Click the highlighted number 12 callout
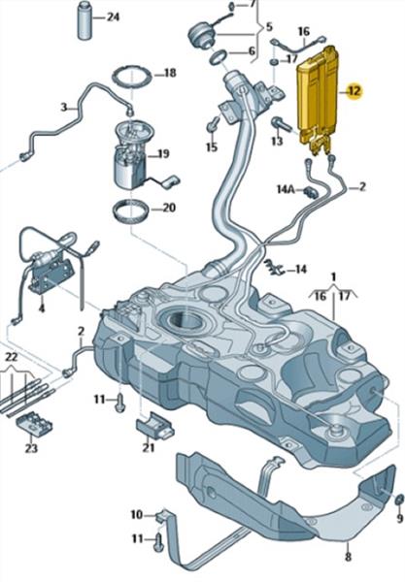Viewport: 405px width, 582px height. point(354,90)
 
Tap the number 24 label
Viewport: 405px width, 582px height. point(113,17)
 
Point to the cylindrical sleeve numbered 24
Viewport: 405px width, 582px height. point(85,20)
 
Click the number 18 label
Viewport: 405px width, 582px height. point(169,73)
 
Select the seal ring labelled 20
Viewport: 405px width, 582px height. point(131,210)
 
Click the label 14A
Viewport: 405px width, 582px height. point(286,190)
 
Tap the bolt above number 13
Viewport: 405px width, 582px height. point(281,123)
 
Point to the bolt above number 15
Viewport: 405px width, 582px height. point(212,124)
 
